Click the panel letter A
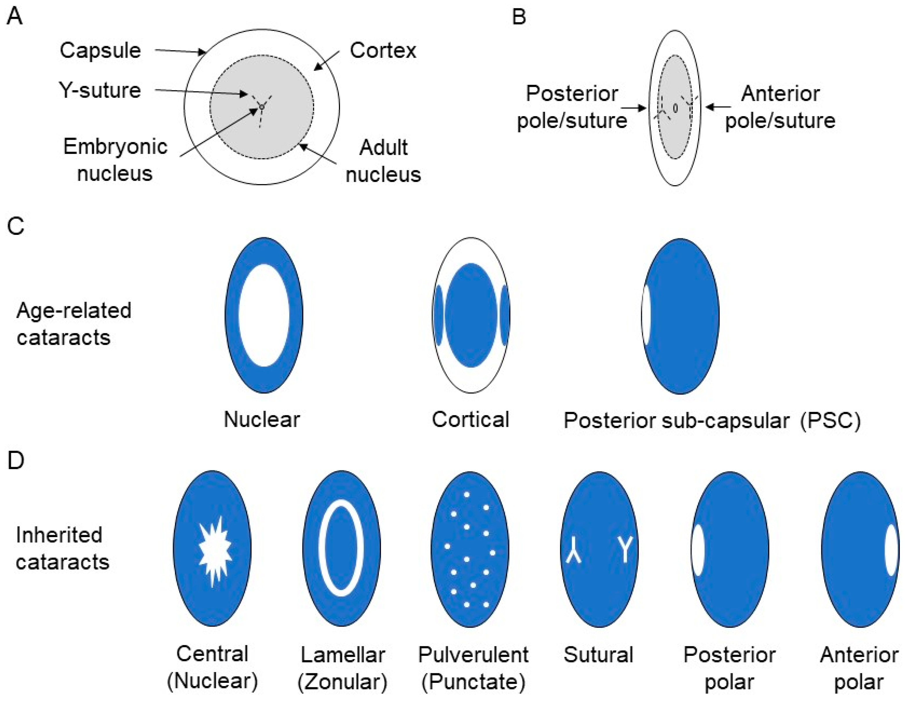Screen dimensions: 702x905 pyautogui.click(x=15, y=17)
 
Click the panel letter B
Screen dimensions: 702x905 pyautogui.click(x=519, y=17)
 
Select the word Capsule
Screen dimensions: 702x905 pyautogui.click(x=100, y=51)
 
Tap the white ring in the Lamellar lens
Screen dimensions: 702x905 pyautogui.click(x=323, y=547)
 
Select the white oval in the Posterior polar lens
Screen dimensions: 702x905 pyautogui.click(x=698, y=550)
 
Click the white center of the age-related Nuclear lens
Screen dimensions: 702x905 pyautogui.click(x=264, y=315)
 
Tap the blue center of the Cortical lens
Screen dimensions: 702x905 pyautogui.click(x=471, y=315)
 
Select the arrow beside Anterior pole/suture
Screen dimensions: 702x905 pyautogui.click(x=718, y=107)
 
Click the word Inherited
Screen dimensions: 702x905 pyautogui.click(x=59, y=535)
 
